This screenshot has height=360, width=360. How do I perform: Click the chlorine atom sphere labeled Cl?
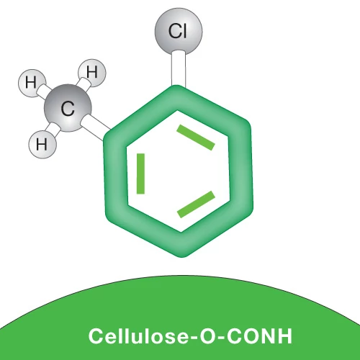pos(179,32)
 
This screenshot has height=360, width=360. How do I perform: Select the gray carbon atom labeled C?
pos(68,108)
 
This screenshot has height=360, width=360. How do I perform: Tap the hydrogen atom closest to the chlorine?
pos(92,73)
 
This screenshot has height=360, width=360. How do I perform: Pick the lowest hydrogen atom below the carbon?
pos(42,145)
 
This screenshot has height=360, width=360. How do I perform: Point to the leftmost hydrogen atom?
pos(32,84)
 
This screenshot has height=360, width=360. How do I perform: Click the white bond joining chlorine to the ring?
pos(179,69)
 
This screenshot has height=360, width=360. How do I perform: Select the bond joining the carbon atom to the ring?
pos(95,127)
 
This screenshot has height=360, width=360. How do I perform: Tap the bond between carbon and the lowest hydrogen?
pos(55,130)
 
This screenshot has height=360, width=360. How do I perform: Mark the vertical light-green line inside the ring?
pos(140,174)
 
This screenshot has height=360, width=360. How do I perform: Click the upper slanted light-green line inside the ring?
pos(196,138)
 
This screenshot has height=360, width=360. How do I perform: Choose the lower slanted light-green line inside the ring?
pos(196,204)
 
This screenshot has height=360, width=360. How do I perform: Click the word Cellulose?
pos(139,336)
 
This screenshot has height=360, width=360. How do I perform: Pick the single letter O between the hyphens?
pos(209,336)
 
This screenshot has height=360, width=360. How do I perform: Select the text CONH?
pos(260,336)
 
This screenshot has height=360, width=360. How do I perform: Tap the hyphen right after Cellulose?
pos(194,338)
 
